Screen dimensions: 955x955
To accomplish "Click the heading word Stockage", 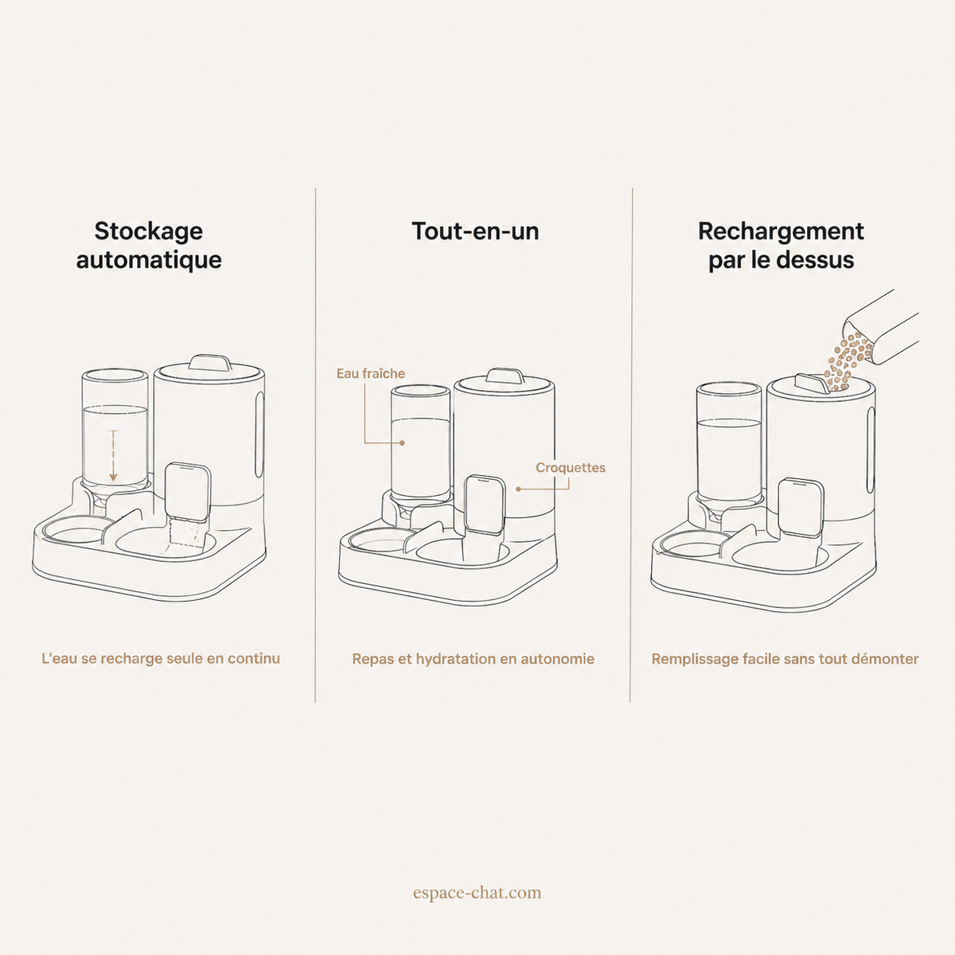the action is pos(149,232).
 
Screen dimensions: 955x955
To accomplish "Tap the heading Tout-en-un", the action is pos(475,231).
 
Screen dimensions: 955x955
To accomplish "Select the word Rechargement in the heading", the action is pos(781,232).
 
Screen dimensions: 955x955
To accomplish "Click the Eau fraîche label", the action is pos(371,374).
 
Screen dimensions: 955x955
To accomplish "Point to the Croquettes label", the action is pos(571,468).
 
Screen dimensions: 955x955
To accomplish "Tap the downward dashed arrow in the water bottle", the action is pos(114,456).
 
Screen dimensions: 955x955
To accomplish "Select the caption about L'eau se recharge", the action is pos(161,659).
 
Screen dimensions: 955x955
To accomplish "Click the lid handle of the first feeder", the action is pos(210,362).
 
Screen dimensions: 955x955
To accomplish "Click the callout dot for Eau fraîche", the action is pos(403,443).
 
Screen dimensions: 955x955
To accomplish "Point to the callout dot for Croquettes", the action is pos(518,489).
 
